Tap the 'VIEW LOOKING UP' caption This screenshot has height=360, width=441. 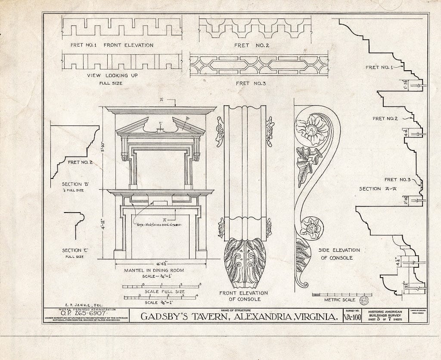click(107, 75)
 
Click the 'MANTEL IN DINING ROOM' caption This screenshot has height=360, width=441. click(154, 270)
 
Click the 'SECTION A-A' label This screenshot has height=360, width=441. click(376, 188)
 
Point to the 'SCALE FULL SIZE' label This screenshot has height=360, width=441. click(165, 291)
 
